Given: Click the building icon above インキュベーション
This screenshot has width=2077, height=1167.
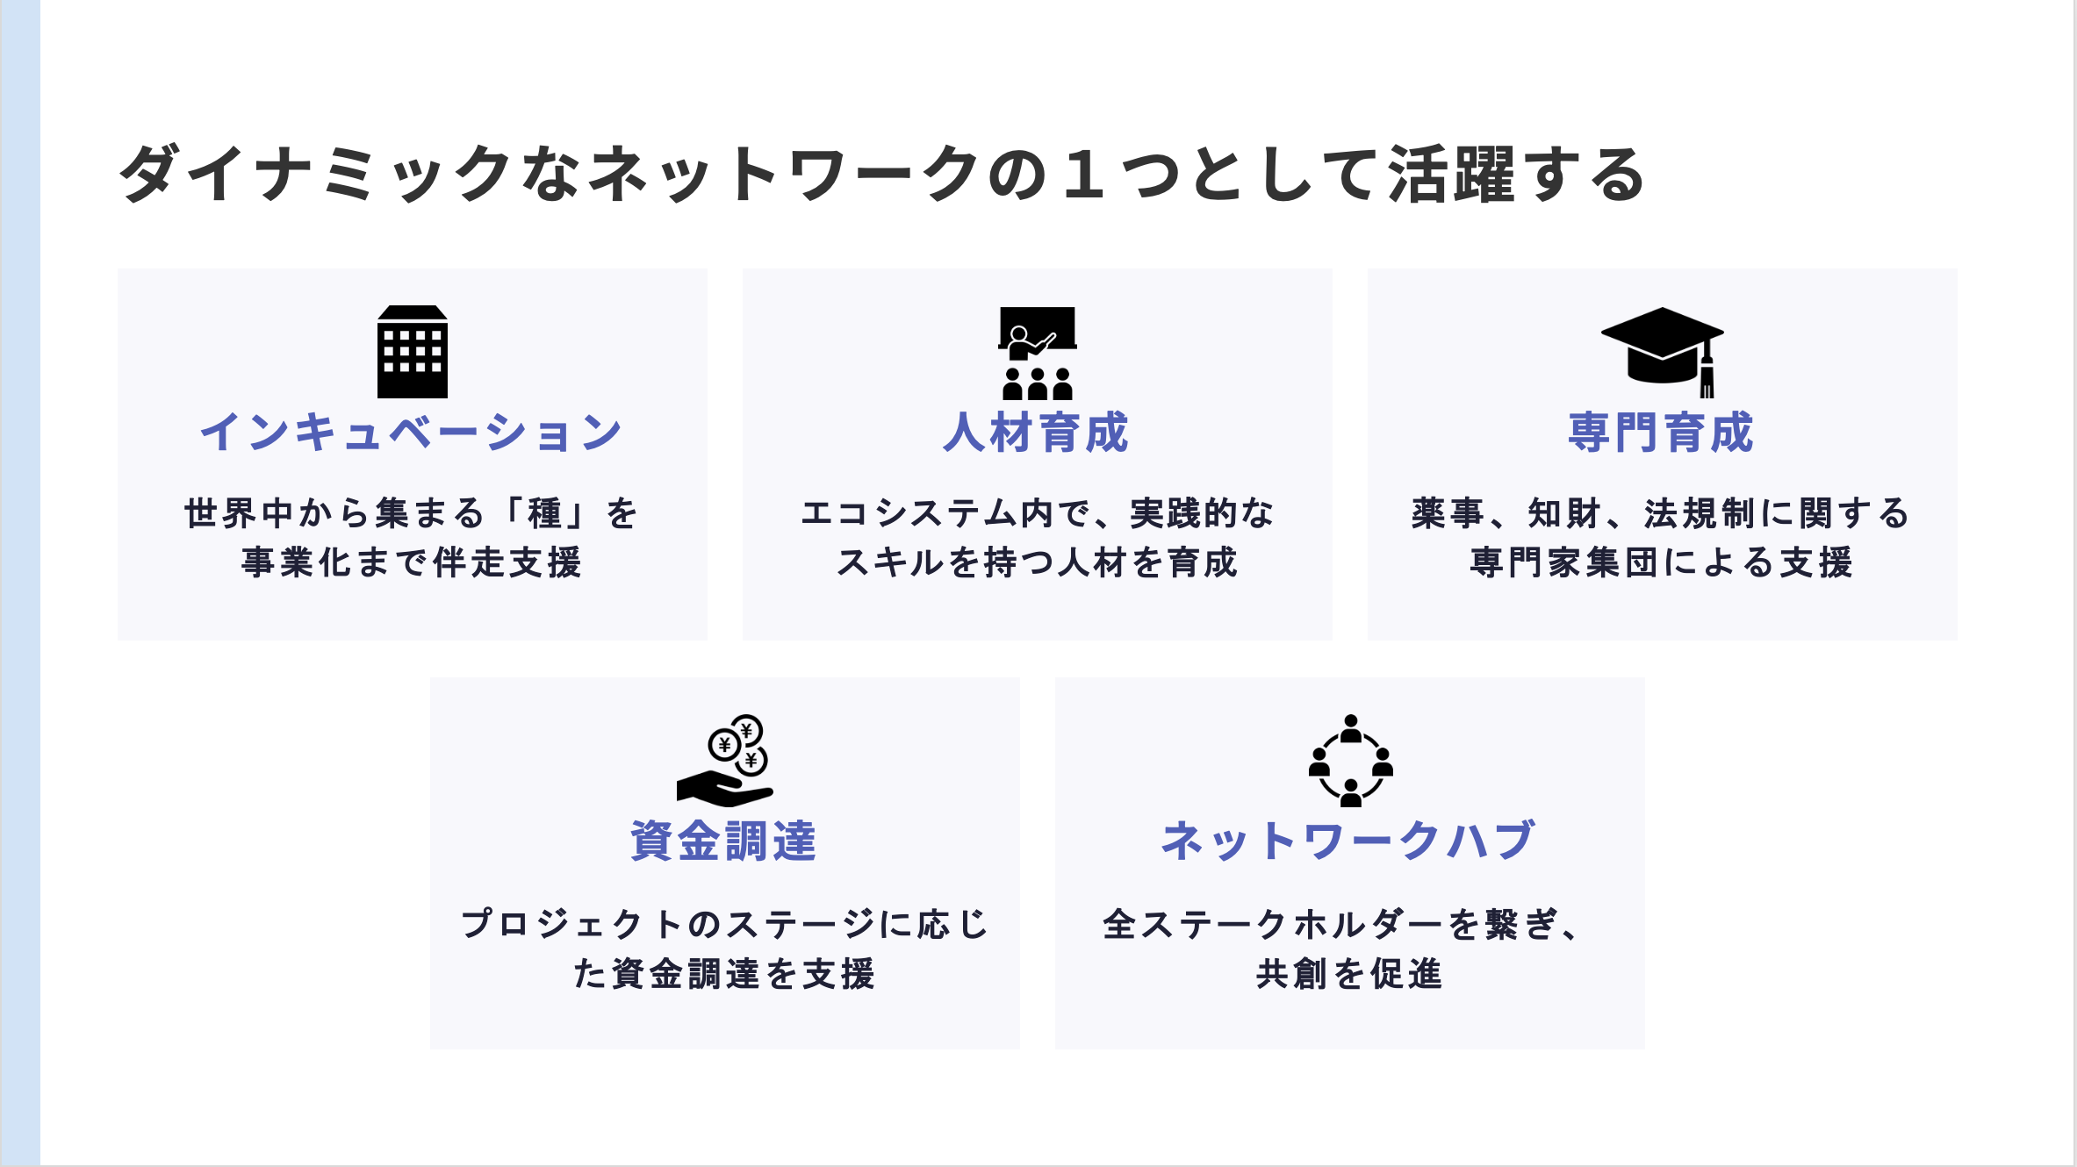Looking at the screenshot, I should click(x=413, y=352).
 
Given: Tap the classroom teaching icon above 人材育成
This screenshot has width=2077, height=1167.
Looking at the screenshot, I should click(x=1038, y=353).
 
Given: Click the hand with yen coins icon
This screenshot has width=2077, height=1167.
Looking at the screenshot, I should click(x=725, y=761).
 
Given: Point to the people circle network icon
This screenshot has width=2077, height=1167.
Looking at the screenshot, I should click(x=1350, y=761).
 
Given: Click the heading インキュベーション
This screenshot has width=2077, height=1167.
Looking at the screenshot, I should click(x=412, y=433).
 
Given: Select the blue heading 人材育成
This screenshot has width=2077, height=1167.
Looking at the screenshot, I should click(x=1037, y=433).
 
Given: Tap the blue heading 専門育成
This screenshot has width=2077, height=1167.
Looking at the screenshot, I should click(x=1662, y=433).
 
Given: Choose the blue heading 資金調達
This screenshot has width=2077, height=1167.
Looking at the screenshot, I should click(x=724, y=841).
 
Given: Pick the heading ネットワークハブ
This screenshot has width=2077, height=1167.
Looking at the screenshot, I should click(x=1349, y=841).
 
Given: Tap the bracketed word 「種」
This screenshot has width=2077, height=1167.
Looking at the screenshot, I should click(x=544, y=513).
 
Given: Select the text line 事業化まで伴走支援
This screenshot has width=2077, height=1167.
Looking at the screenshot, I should click(x=412, y=562).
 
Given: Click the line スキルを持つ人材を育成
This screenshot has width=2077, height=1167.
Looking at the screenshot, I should click(x=1037, y=562).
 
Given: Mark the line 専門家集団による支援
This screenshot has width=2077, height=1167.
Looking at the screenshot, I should click(x=1662, y=562).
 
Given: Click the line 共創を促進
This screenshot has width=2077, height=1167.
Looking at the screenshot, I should click(x=1349, y=974).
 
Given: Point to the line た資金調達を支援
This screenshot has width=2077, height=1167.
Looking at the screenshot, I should click(x=724, y=974).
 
